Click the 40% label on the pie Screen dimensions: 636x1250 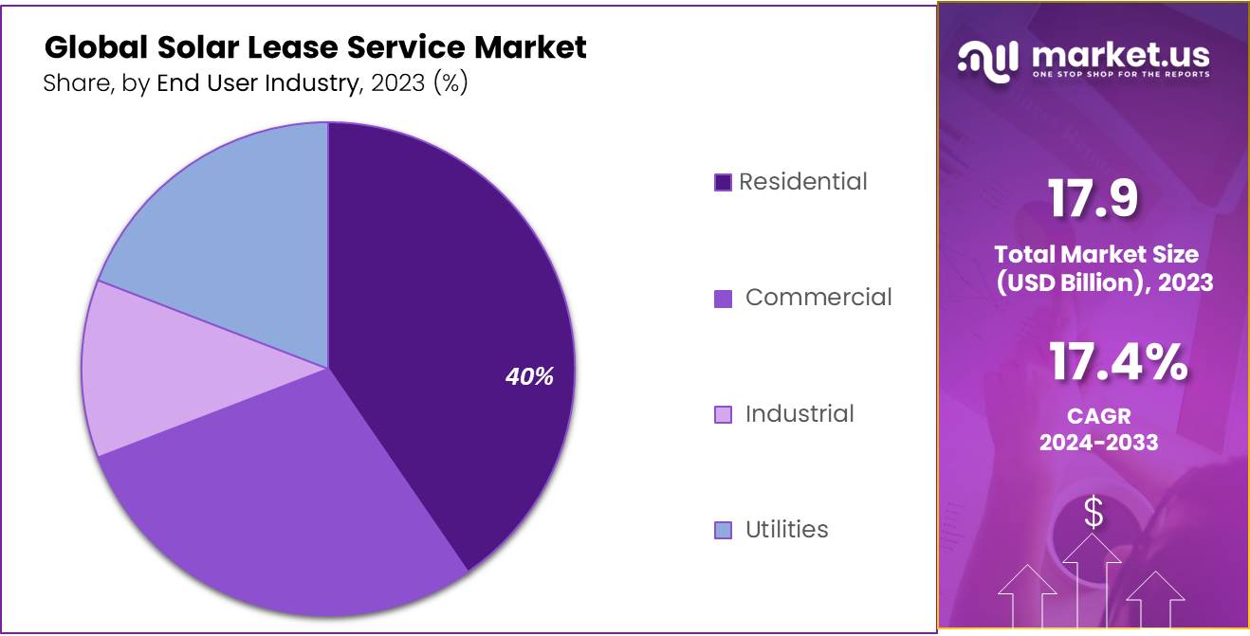pos(528,376)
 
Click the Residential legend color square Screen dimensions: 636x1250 pos(723,183)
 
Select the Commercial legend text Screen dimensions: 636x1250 pos(818,298)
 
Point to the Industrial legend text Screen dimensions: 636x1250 pos(800,414)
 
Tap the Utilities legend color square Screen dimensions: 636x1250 pos(723,531)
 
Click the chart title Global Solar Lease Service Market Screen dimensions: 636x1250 pos(315,46)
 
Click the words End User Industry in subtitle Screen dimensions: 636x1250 pos(255,83)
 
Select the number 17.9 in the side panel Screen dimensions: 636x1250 pos(1092,200)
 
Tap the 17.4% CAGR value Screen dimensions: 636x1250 pos(1117,363)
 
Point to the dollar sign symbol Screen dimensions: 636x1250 pos(1094,513)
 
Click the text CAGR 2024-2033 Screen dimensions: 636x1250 pos(1098,429)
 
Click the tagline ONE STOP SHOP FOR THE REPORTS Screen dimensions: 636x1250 pos(1120,74)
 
